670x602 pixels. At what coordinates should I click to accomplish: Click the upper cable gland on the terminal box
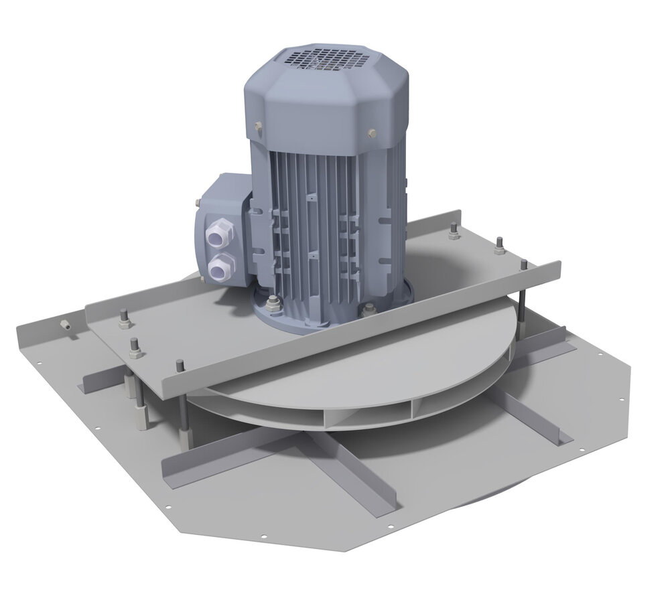point(220,234)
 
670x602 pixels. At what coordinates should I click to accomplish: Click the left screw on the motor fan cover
point(258,127)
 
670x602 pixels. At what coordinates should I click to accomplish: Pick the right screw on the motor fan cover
point(371,133)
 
